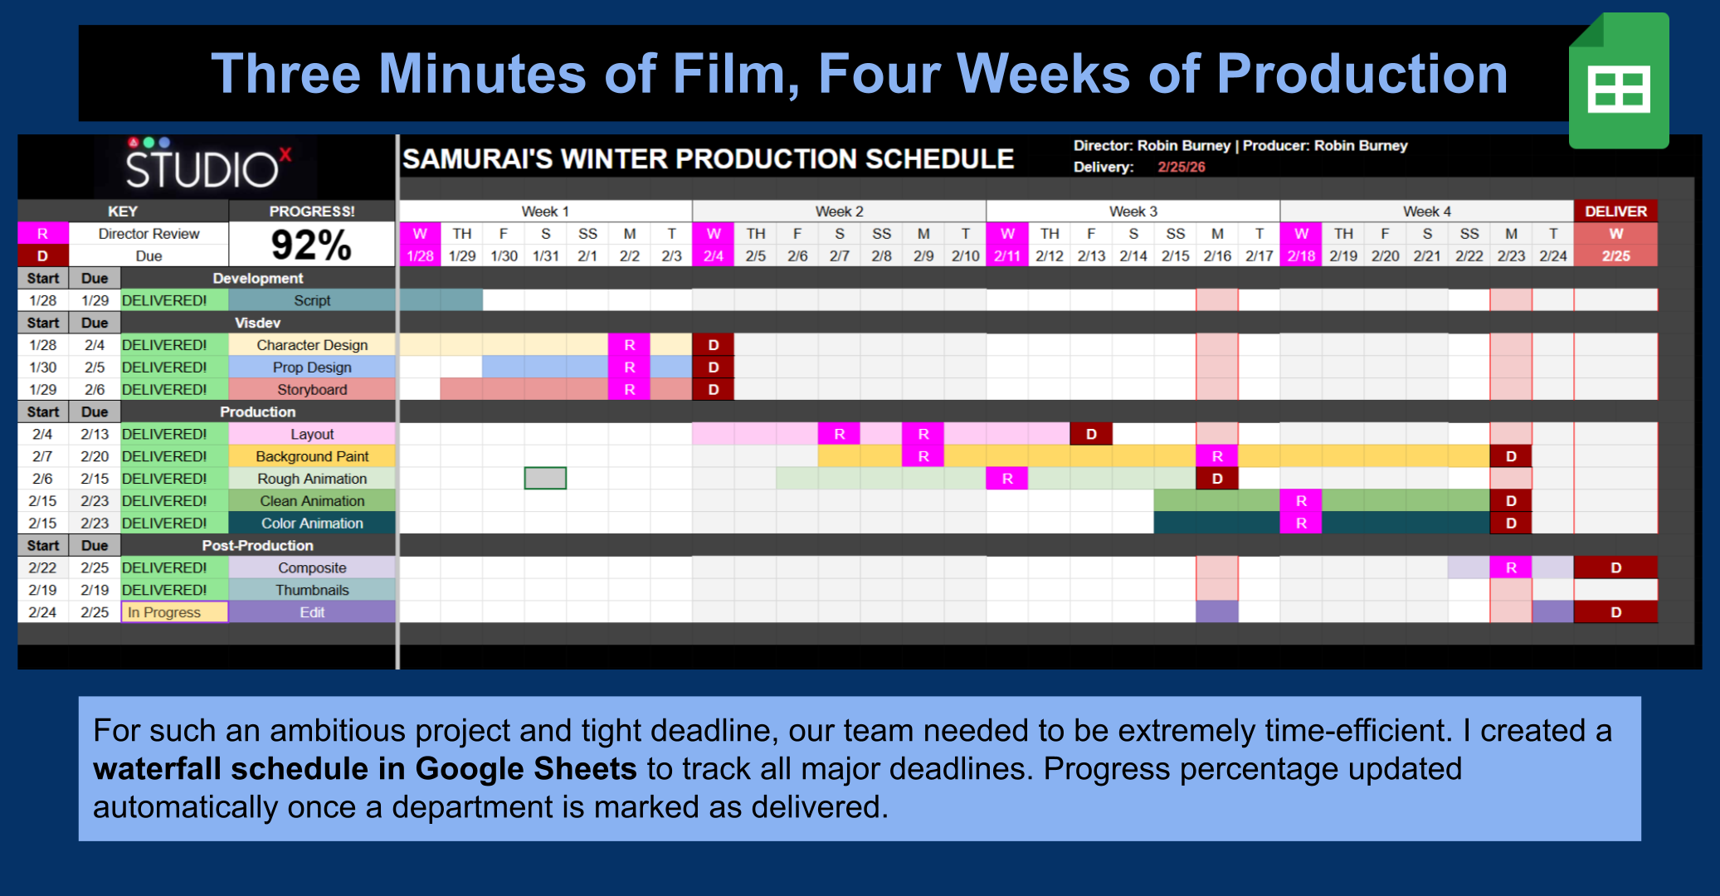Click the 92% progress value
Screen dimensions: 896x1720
[311, 245]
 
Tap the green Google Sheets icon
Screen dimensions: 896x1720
[1618, 81]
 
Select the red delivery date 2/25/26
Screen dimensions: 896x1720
[1181, 167]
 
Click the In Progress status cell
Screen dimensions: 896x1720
[174, 612]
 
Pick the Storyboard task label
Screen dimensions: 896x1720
[312, 389]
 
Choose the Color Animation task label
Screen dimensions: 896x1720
[312, 523]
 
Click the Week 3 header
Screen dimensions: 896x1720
[1133, 212]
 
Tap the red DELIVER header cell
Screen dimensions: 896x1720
[1615, 212]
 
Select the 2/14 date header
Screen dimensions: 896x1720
[1133, 256]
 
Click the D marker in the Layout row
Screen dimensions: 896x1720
[1091, 434]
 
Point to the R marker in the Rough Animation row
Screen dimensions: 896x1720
[1007, 479]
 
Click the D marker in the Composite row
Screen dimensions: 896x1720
[1615, 568]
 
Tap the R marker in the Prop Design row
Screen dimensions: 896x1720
[630, 368]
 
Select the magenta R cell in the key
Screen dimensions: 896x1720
[42, 234]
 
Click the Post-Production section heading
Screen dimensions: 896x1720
[257, 546]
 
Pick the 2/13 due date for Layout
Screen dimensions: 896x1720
[95, 434]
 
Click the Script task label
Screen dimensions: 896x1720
[312, 300]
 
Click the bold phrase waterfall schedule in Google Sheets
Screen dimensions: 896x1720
[364, 769]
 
